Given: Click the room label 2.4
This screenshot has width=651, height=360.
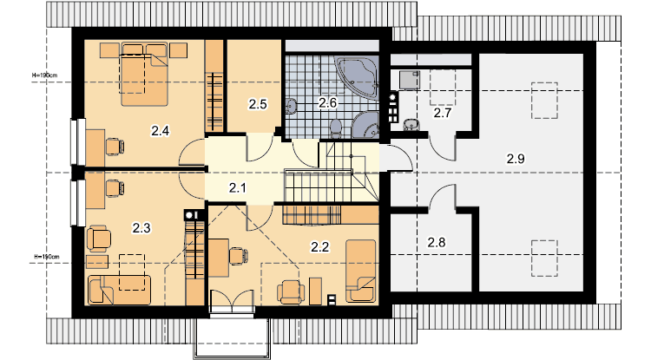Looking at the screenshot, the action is pos(161,131).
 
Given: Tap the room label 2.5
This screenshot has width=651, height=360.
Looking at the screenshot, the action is pos(258,104).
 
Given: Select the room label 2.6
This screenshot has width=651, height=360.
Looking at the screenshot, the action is pos(327,102).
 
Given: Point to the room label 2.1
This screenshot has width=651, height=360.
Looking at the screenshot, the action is pos(238,188).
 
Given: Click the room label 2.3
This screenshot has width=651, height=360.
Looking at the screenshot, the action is pos(141,227).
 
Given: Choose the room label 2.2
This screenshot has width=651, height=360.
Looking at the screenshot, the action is pos(319,247).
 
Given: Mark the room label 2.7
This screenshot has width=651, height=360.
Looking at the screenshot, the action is pos(442,113).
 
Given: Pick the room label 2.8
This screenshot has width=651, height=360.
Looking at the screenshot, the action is pos(437,242).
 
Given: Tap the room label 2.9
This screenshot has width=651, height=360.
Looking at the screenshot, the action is pos(516,159).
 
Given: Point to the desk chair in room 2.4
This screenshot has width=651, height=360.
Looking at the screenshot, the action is pos(115,147).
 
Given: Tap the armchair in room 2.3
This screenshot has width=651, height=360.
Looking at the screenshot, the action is pos(99,238).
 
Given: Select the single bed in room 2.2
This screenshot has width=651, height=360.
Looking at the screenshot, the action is pos(361,271).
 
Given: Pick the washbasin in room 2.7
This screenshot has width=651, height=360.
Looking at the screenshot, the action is pos(411,124).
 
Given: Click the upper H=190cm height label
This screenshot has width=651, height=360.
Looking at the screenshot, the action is pos(45,75).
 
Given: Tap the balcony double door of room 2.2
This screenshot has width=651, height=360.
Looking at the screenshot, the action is pos(232,301).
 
